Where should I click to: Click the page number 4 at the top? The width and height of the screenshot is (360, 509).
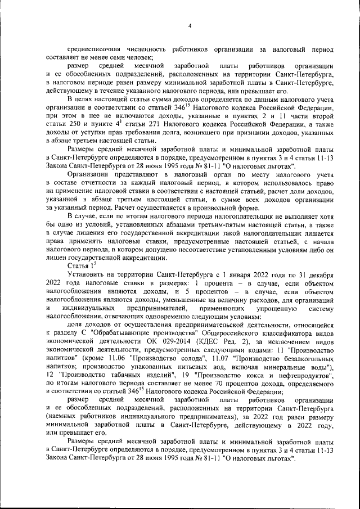tap(190, 25)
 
